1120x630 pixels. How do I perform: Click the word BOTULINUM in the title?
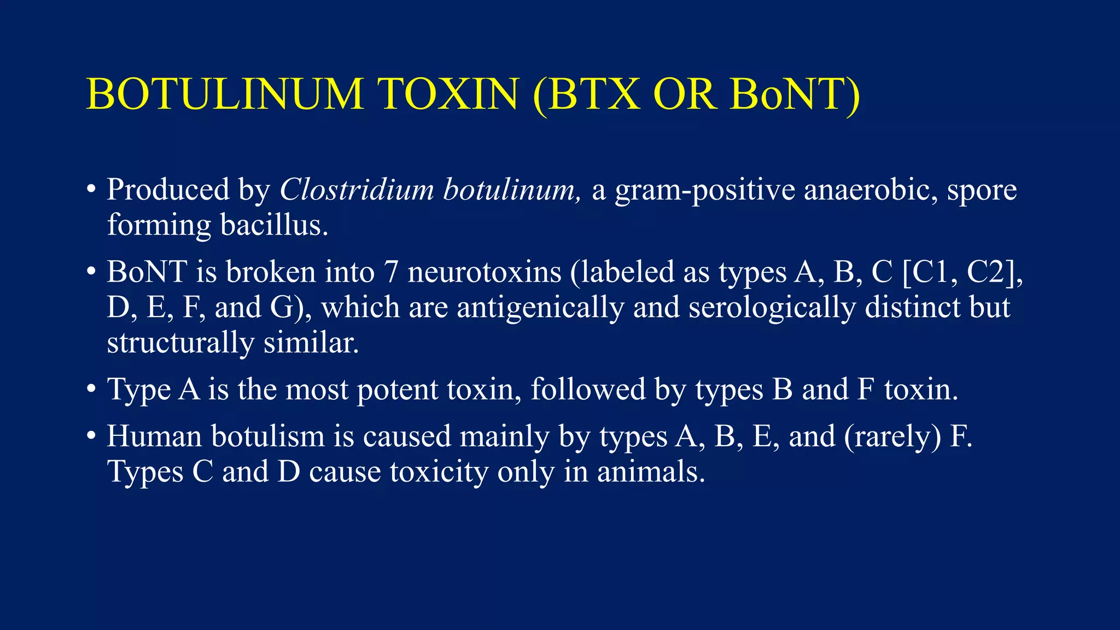pos(225,94)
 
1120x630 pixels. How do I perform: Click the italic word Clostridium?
pos(357,190)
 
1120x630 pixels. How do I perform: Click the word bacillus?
pos(274,225)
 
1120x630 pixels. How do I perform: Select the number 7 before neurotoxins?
pos(391,272)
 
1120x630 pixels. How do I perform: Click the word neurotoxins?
pos(485,272)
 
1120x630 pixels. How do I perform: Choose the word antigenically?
pos(540,308)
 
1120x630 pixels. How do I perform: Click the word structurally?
pos(180,343)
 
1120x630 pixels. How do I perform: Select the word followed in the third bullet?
pos(588,389)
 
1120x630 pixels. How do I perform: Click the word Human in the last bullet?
pos(155,436)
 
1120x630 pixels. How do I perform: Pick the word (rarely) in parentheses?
pos(892,437)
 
